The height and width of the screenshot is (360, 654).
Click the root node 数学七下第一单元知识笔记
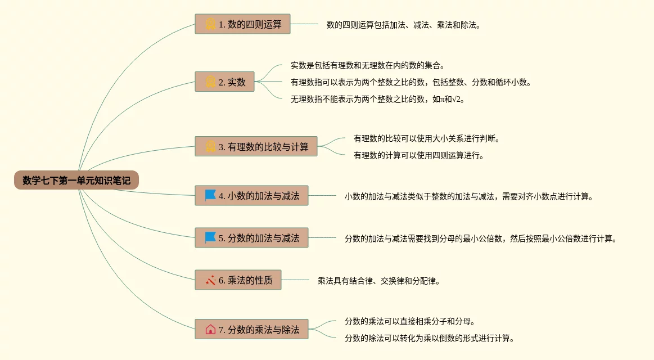[76, 181]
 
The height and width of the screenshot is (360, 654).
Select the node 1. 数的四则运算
[242, 24]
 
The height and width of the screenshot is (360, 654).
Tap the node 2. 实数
[224, 82]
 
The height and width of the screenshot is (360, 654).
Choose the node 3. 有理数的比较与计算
[256, 147]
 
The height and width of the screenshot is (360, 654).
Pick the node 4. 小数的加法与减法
[251, 196]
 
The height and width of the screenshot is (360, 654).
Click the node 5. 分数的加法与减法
[251, 238]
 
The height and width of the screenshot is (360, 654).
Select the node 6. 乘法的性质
[238, 280]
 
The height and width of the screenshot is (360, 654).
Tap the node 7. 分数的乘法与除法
[251, 329]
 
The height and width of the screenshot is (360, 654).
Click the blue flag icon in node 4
[210, 196]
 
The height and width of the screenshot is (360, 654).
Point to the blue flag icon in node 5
[210, 238]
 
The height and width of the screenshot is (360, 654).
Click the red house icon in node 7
[210, 329]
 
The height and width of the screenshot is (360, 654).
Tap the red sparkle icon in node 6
[210, 280]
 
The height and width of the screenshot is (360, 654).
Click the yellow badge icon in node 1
[210, 24]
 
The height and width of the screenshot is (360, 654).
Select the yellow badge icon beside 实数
[210, 82]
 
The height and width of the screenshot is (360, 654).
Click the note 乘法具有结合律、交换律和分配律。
[378, 280]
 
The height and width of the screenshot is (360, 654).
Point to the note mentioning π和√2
[378, 99]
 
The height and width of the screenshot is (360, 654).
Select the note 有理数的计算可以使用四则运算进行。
[418, 155]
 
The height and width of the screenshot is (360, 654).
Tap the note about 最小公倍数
[481, 238]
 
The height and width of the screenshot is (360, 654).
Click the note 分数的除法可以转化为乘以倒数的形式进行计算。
[430, 338]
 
